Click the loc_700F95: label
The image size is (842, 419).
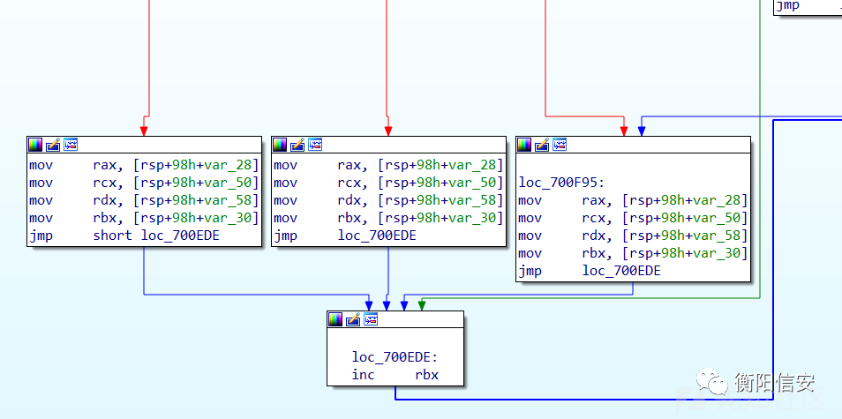coord(561,183)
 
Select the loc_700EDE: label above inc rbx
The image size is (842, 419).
coord(395,357)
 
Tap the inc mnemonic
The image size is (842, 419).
coord(364,375)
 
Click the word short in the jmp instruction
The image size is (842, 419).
coord(112,236)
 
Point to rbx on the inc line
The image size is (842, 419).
coord(427,375)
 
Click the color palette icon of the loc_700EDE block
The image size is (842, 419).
coord(336,319)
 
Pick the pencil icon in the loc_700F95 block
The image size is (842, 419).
coord(543,145)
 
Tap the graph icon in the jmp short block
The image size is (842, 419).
coord(71,145)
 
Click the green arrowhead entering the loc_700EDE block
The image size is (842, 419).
coord(422,305)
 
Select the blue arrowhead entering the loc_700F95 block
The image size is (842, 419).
coord(641,131)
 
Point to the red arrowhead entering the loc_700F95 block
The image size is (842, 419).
coord(624,131)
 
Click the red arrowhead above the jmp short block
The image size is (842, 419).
coord(143,131)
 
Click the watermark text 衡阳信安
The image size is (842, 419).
coord(774,383)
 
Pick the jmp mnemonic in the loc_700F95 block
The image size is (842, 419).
coord(530,271)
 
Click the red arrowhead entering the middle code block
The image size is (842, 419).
coord(388,131)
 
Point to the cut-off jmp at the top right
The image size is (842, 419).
coord(788,5)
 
